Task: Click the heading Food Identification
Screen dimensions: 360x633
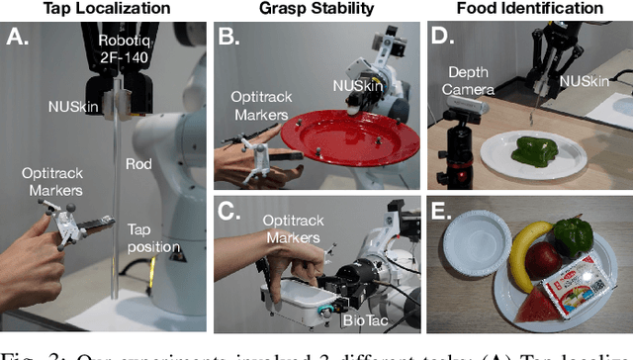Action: (531, 9)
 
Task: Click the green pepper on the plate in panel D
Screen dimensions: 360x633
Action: (536, 151)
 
